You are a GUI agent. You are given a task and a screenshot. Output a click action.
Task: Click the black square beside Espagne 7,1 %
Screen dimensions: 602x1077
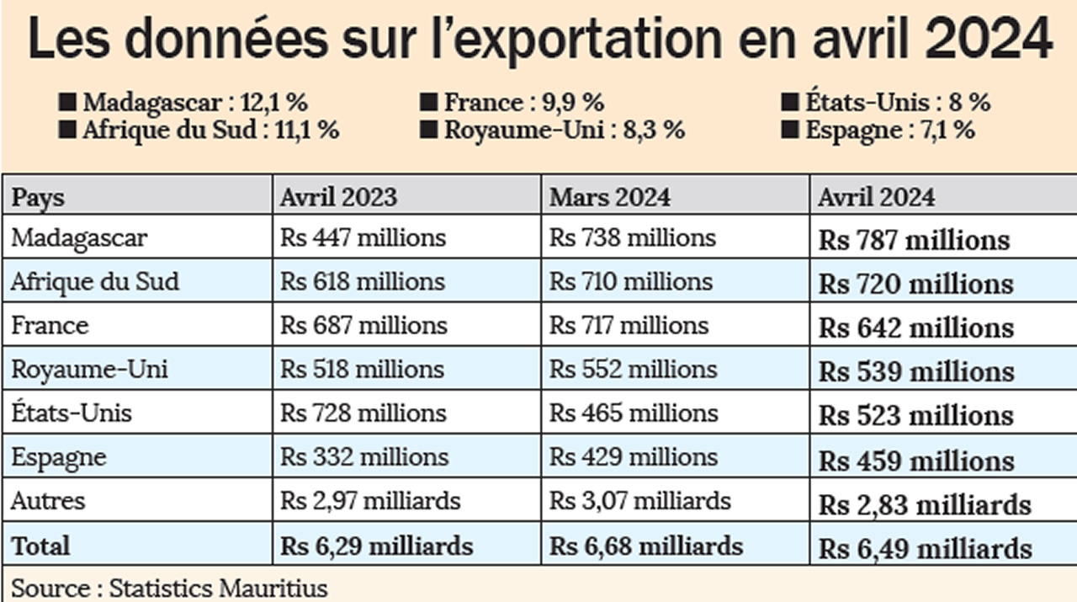click(x=789, y=131)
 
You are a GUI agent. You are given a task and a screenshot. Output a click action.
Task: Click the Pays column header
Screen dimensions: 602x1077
click(x=38, y=197)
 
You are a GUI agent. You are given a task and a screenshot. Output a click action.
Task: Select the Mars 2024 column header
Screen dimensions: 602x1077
click(x=610, y=197)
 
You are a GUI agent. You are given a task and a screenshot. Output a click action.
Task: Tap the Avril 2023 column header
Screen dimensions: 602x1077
click(x=338, y=197)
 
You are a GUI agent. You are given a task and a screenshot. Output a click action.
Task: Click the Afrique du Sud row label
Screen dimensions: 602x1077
click(x=94, y=281)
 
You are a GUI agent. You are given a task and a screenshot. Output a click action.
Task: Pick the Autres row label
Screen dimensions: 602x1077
click(x=48, y=501)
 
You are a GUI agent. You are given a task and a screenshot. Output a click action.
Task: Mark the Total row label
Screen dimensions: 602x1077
click(x=40, y=546)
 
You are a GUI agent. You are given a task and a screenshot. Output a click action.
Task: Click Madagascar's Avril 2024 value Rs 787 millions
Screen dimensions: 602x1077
click(x=914, y=241)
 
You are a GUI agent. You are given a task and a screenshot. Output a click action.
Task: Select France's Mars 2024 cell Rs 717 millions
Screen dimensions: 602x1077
click(x=629, y=326)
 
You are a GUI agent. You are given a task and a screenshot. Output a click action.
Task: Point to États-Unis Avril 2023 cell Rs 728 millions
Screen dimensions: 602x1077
click(x=363, y=413)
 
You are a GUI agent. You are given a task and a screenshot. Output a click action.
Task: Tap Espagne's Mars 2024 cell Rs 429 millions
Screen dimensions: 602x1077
click(x=633, y=457)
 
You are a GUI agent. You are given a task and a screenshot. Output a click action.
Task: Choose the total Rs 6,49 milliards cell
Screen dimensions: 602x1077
click(x=926, y=549)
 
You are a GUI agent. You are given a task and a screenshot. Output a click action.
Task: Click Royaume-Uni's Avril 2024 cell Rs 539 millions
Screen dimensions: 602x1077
click(x=916, y=372)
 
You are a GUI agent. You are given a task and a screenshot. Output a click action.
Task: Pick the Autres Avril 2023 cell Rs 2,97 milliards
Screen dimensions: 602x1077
click(x=370, y=501)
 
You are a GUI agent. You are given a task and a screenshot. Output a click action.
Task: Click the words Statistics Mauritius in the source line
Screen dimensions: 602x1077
click(x=218, y=587)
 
